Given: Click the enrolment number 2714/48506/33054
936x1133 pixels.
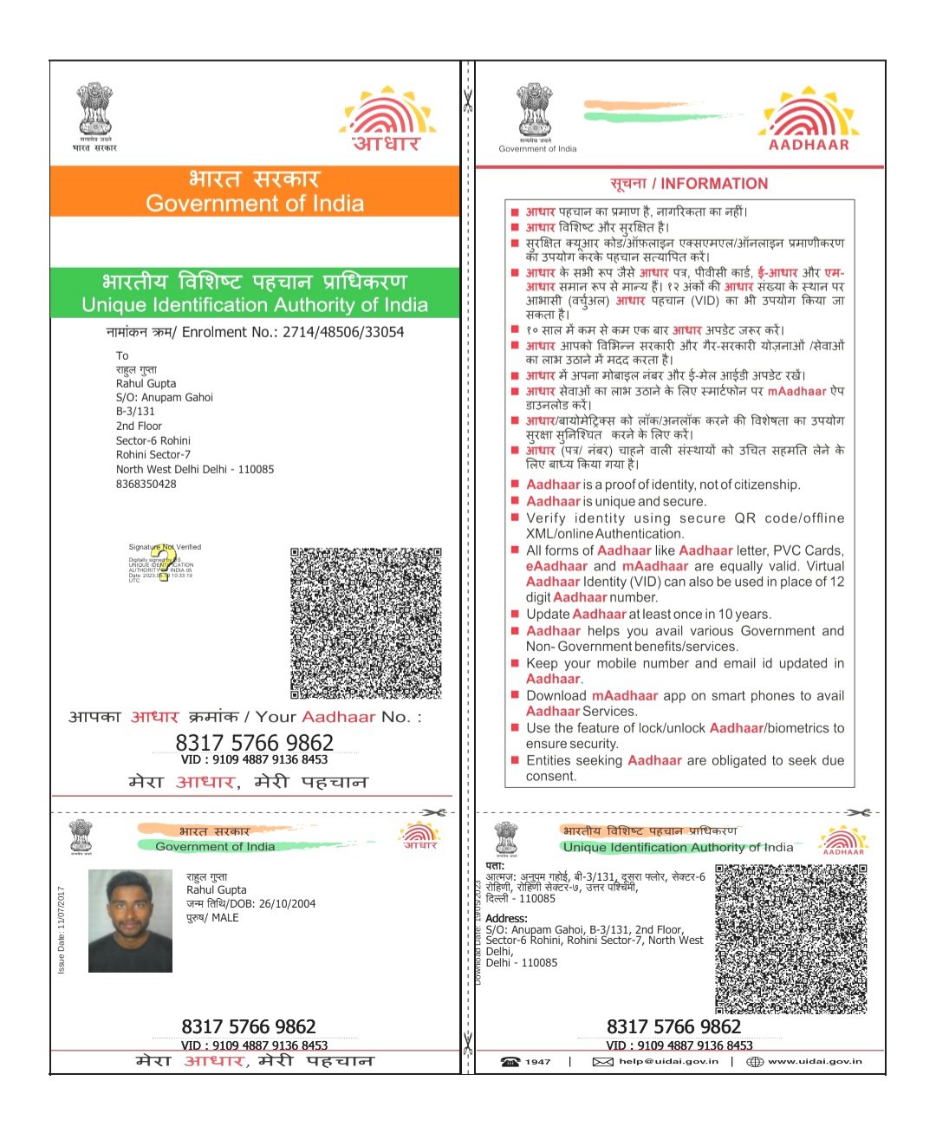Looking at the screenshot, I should [x=343, y=332].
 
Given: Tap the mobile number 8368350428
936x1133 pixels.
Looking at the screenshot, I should [x=146, y=484].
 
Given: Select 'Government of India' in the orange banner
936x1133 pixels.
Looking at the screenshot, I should [x=255, y=204].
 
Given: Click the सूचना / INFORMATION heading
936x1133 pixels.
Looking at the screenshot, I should [x=689, y=184].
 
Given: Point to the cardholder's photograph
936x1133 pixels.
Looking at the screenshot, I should [x=130, y=921].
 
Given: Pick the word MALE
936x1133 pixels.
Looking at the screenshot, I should [x=225, y=917].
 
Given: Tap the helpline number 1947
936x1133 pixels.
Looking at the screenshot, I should [x=537, y=1061].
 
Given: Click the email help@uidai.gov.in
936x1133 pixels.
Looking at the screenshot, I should [x=668, y=1061].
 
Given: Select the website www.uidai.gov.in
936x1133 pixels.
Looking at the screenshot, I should [x=815, y=1061].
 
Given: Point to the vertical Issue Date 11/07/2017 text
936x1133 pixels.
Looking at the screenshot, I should [x=61, y=929].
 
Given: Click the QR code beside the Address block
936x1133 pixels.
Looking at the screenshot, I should [x=790, y=939].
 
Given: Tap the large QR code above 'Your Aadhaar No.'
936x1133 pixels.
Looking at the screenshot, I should [x=366, y=622].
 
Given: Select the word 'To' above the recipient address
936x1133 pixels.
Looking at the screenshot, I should [x=122, y=355].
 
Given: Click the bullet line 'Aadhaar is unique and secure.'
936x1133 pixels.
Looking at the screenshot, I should [x=616, y=501].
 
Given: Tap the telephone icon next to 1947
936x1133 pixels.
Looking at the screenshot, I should [x=511, y=1061].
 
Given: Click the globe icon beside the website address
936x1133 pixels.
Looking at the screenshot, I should [x=755, y=1061].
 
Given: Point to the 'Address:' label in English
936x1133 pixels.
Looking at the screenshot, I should [x=506, y=918].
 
